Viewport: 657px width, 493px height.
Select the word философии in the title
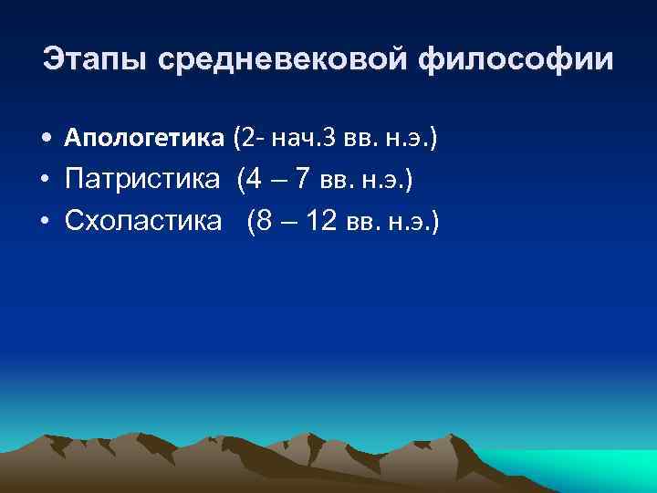(x=516, y=61)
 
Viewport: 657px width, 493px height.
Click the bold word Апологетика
(x=144, y=139)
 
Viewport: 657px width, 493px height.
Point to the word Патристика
(x=143, y=181)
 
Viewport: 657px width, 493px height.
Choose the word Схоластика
(x=143, y=221)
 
